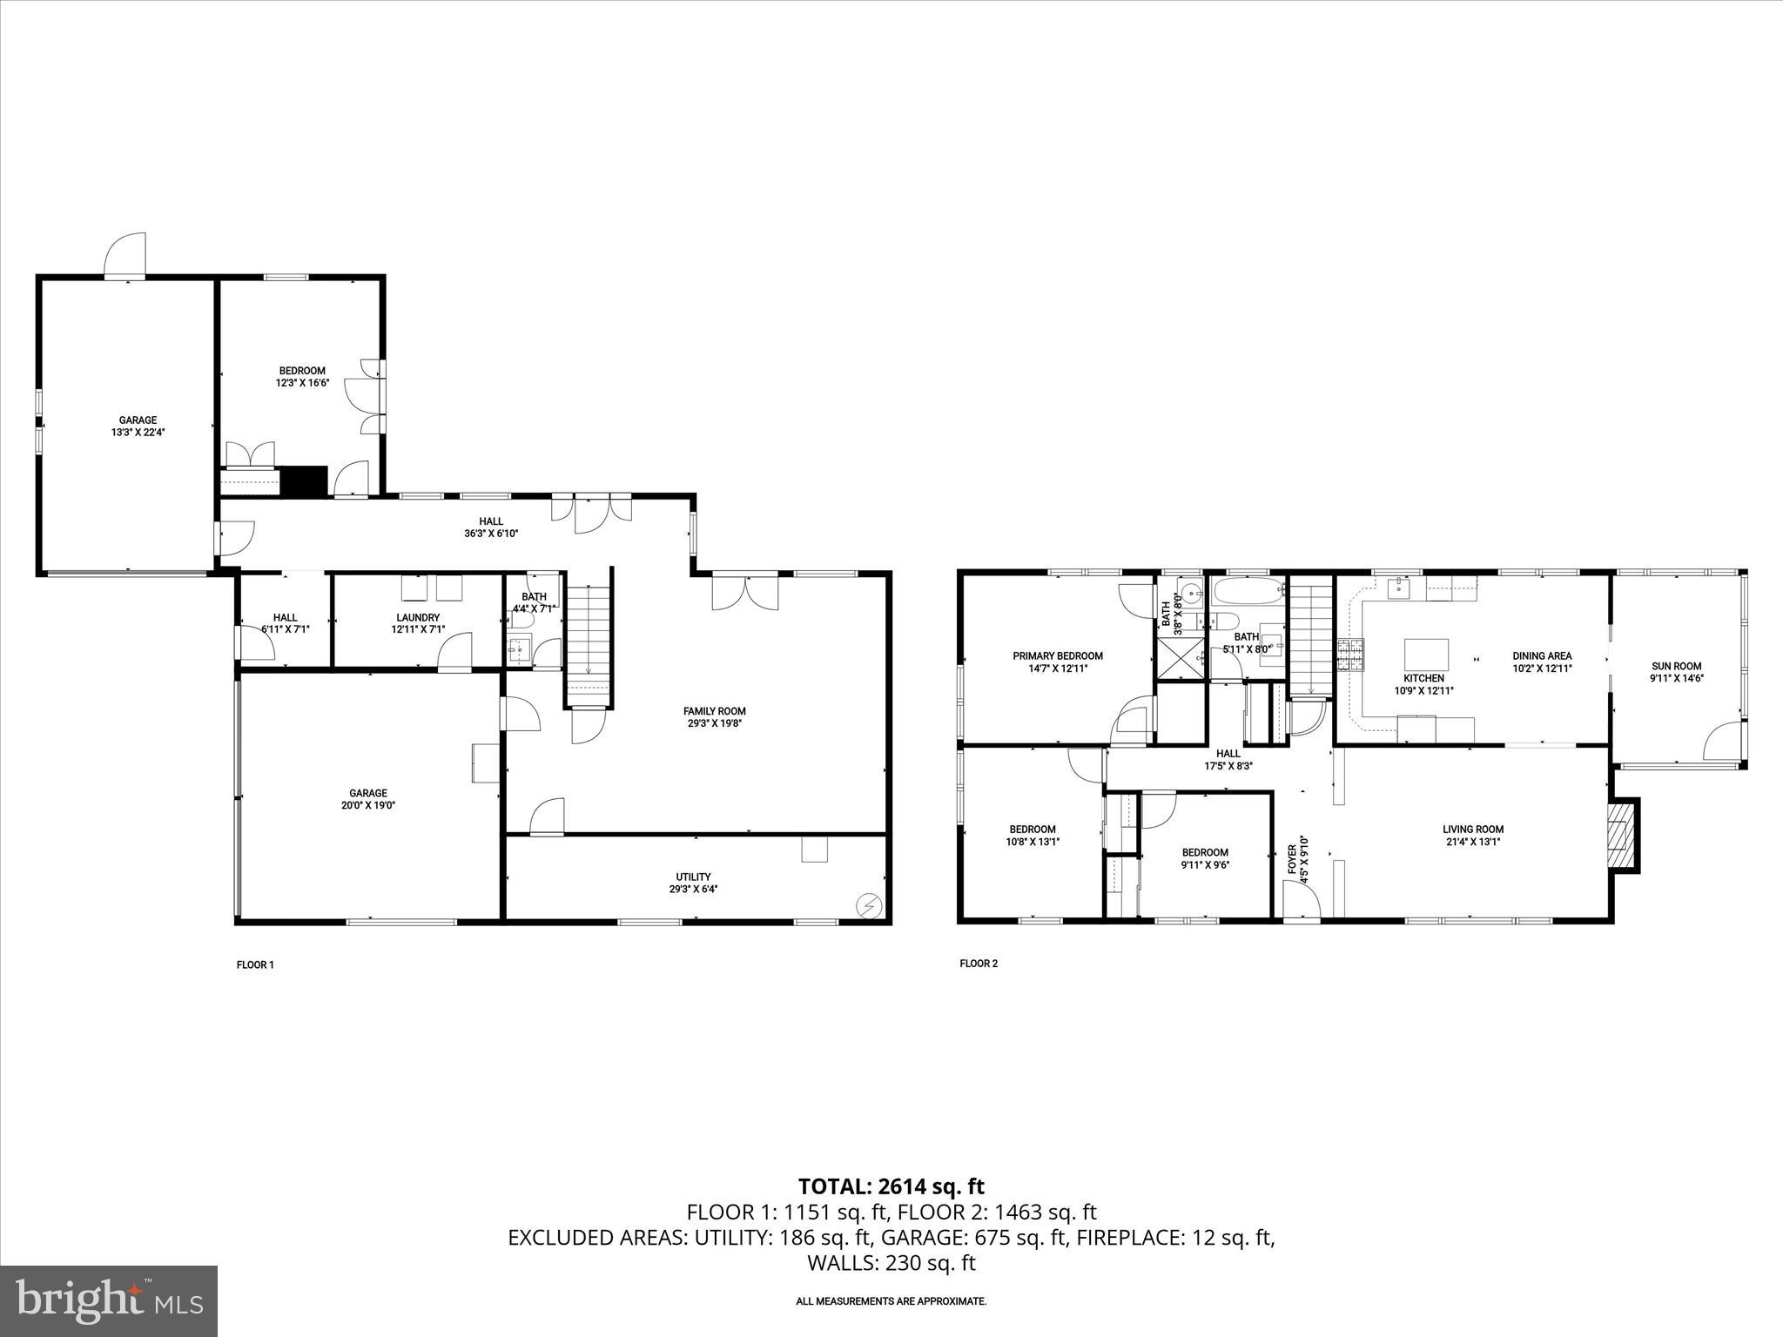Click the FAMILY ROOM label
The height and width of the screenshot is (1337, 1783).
pyautogui.click(x=714, y=711)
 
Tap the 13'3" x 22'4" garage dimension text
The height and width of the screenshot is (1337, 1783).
pyautogui.click(x=138, y=431)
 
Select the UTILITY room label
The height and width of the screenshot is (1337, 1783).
pyautogui.click(x=693, y=877)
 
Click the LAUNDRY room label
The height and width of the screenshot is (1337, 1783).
pyautogui.click(x=418, y=617)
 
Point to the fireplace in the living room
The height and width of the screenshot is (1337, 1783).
pyautogui.click(x=1620, y=835)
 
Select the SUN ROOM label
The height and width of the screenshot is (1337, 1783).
pyautogui.click(x=1675, y=667)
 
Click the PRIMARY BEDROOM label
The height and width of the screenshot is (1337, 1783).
pyautogui.click(x=1057, y=656)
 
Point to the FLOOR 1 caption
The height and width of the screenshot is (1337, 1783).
pyautogui.click(x=255, y=964)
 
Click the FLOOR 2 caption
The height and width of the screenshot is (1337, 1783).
pyautogui.click(x=979, y=964)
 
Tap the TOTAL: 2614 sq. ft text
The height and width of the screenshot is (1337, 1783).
pyautogui.click(x=891, y=1186)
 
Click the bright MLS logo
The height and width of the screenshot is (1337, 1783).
pyautogui.click(x=109, y=1300)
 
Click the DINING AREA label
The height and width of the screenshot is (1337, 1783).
pyautogui.click(x=1542, y=656)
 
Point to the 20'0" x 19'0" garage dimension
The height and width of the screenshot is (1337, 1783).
pyautogui.click(x=368, y=805)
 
